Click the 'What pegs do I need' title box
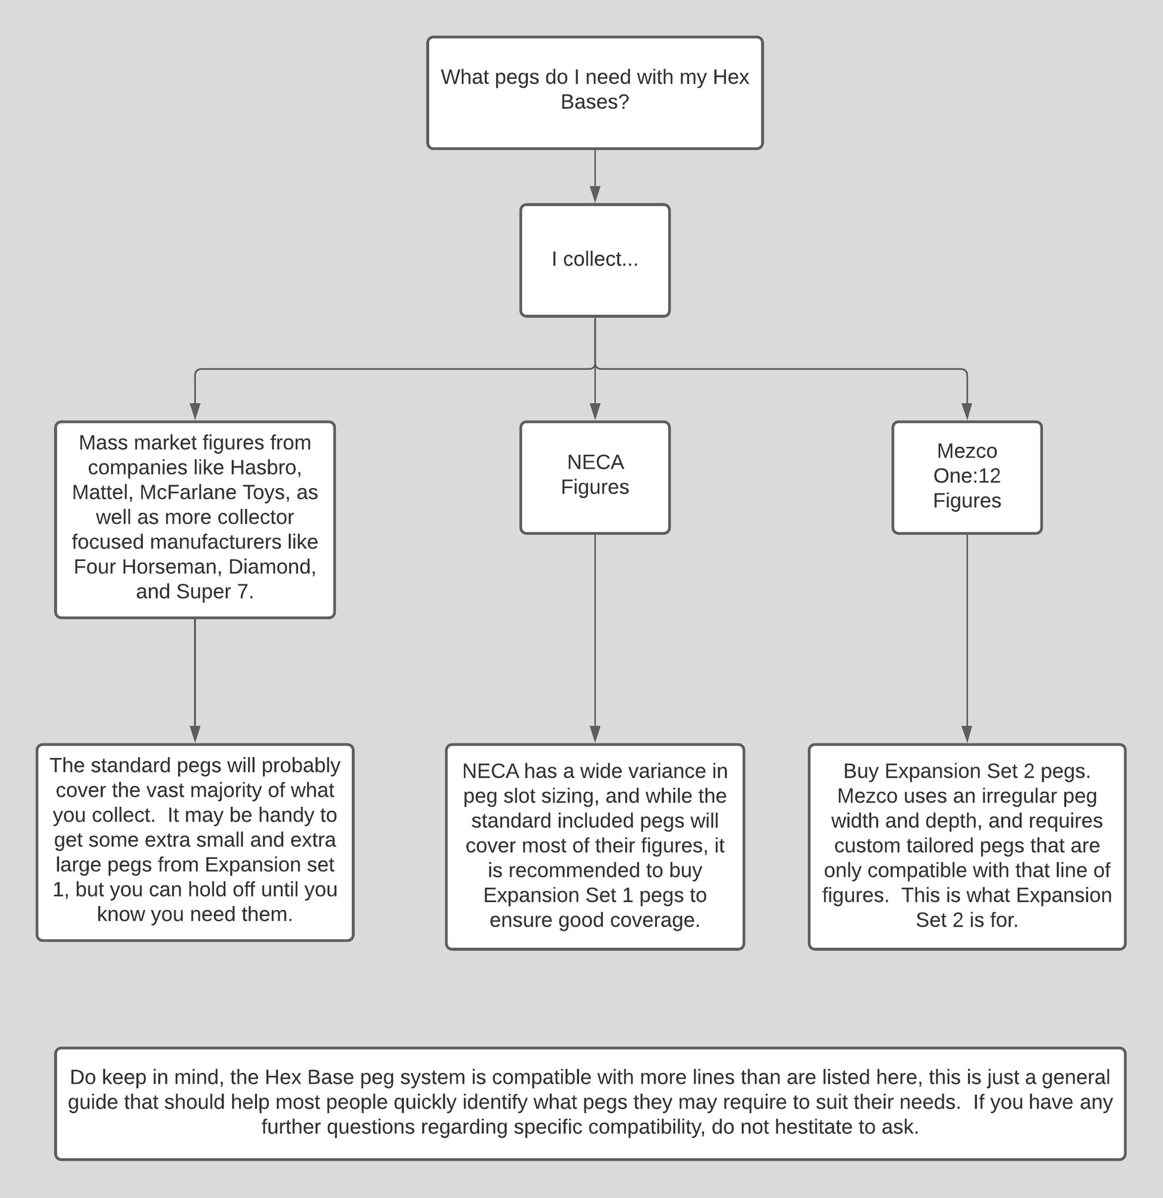(594, 92)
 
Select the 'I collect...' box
(594, 260)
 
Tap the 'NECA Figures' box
(594, 477)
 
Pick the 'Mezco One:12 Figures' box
(966, 477)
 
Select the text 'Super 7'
(214, 592)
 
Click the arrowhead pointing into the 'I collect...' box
(595, 194)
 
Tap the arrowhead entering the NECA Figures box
(595, 411)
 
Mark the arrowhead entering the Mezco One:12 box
(966, 411)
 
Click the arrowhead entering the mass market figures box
(195, 411)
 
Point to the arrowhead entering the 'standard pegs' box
(195, 734)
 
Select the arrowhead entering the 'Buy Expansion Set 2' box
(966, 734)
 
